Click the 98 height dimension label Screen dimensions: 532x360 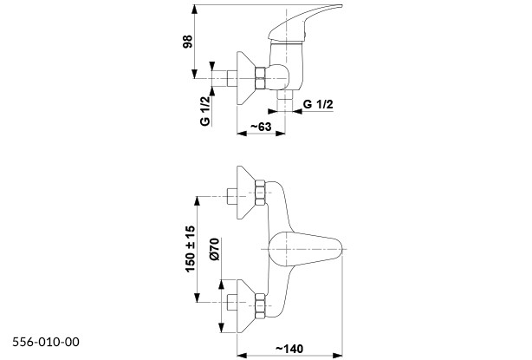(188, 42)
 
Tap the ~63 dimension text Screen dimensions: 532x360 (261, 127)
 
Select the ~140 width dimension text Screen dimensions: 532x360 (289, 349)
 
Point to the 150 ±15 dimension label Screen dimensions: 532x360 (191, 249)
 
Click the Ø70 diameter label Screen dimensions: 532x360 (214, 249)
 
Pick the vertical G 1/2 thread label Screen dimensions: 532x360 (205, 111)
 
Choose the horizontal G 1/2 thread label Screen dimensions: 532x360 (318, 104)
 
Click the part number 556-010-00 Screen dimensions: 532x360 (46, 342)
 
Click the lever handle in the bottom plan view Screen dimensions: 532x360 (305, 249)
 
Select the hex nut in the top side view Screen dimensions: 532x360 (260, 78)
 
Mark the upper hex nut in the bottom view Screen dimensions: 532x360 (260, 193)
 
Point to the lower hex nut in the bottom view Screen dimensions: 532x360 (260, 306)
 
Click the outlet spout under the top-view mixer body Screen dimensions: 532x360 (285, 95)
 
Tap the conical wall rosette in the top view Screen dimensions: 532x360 (246, 78)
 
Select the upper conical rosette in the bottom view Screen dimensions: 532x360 (246, 193)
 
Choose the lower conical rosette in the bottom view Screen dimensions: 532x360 (246, 306)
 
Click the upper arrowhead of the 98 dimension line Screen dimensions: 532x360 (194, 10)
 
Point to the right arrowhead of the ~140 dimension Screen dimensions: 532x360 (338, 356)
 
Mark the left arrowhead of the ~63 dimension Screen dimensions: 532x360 (242, 134)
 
